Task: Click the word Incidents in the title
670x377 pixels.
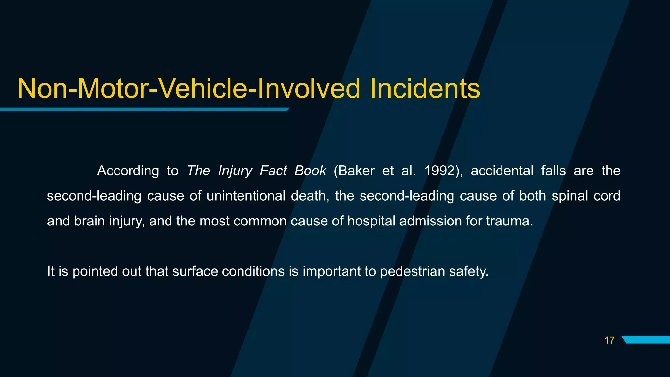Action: [x=425, y=89]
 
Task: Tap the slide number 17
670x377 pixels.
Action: [x=609, y=341]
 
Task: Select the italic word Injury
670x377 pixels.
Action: [x=235, y=171]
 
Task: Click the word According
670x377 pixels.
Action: [x=128, y=171]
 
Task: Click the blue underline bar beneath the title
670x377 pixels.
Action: [x=144, y=109]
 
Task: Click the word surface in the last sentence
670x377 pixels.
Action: [x=195, y=271]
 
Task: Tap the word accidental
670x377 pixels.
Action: [x=502, y=171]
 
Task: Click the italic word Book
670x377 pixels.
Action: [x=310, y=171]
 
